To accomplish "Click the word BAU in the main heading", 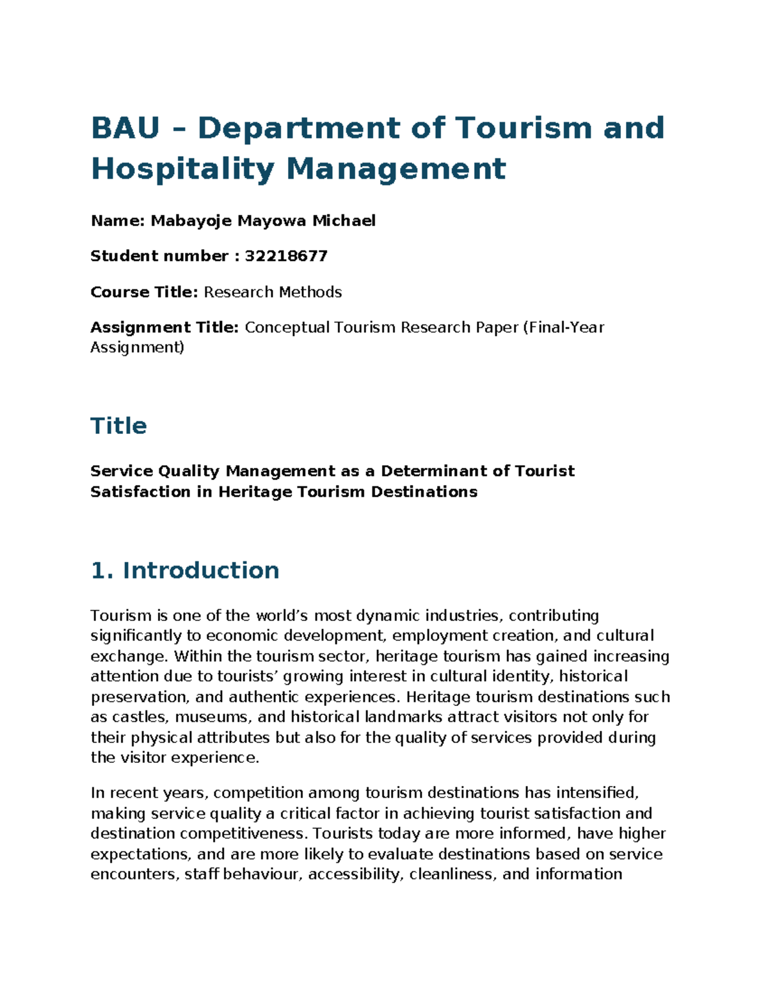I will [125, 127].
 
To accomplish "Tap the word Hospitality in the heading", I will [183, 169].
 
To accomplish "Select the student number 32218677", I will [286, 256].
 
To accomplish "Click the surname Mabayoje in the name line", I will [191, 221].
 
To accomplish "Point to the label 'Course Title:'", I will [145, 292].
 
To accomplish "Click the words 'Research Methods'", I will [273, 292].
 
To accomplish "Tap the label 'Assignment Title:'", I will [164, 327].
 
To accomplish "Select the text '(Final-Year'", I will [563, 327].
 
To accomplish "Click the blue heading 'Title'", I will [119, 426].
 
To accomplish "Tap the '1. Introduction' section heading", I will [185, 570].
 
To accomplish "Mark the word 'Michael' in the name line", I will [344, 221].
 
